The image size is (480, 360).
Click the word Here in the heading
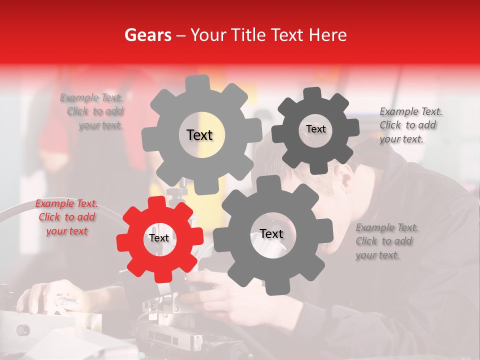tap(328, 35)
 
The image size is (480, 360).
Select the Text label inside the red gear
tap(159, 238)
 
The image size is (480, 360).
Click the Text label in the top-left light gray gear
tap(199, 135)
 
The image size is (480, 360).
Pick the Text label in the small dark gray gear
tap(315, 129)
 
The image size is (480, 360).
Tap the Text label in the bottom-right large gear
tap(271, 234)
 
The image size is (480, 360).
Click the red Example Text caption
tap(66, 217)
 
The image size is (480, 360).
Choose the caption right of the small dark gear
tap(408, 125)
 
